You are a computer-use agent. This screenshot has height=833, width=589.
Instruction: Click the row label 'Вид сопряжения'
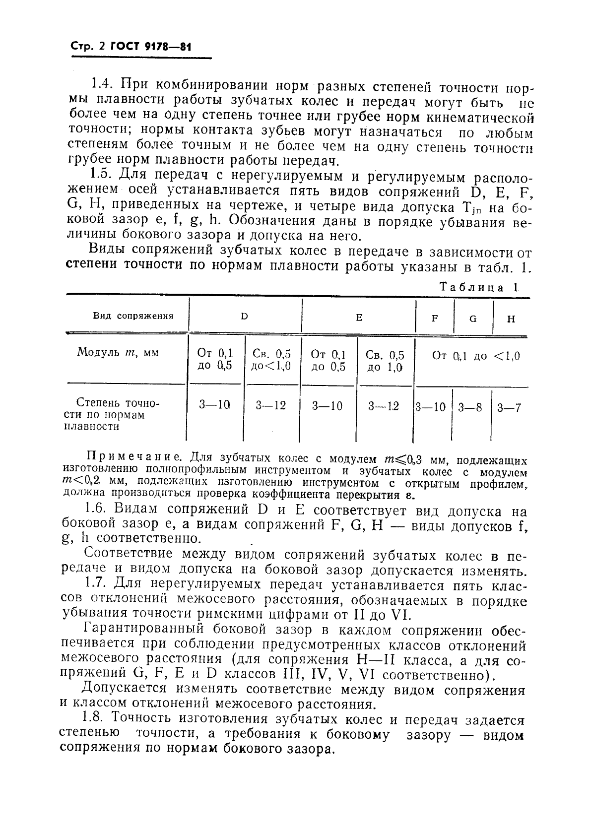coord(133,316)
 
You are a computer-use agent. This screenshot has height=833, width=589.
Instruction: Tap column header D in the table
coord(244,317)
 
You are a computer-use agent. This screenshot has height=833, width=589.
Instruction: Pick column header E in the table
coord(359,317)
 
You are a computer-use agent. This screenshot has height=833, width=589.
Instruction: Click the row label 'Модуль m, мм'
coord(118,353)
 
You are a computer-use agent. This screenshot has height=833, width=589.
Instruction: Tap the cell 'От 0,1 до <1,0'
coord(476,356)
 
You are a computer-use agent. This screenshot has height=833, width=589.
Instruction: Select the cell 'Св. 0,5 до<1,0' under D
coord(271,360)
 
